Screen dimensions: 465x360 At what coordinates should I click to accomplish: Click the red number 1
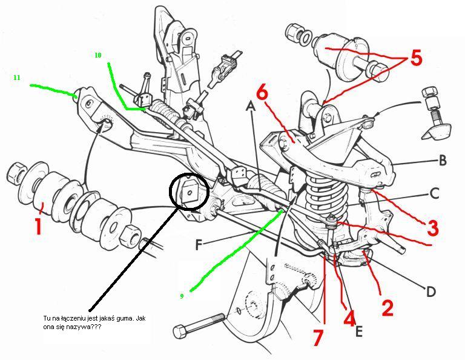tap(38, 225)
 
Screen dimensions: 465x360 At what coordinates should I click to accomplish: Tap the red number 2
tap(387, 308)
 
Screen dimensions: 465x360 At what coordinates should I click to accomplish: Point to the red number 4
tap(349, 318)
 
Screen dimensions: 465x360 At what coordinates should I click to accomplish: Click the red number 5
tap(416, 58)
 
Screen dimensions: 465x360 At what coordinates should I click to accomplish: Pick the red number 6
tap(262, 93)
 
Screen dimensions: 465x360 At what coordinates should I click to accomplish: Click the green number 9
tap(182, 296)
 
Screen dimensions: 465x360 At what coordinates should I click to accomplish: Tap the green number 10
tap(98, 55)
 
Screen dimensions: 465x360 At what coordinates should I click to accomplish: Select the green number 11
tap(16, 78)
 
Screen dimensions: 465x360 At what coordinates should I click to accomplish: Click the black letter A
tap(251, 105)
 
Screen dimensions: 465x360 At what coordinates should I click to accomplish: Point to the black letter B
tap(442, 161)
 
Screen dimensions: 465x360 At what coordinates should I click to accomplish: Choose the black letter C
tap(434, 193)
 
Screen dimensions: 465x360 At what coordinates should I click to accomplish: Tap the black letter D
tap(430, 292)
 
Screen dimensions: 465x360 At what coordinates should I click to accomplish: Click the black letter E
tap(358, 332)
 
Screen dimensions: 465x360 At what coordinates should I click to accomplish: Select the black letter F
tap(199, 245)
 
